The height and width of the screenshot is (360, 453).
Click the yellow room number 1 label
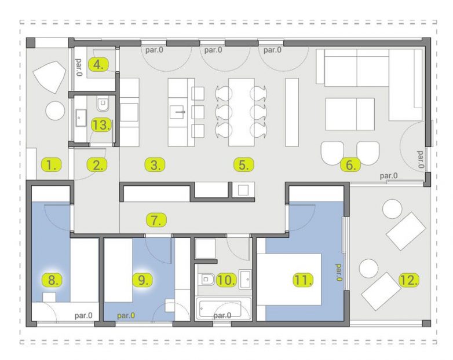(52, 165)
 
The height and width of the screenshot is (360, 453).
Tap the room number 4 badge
(98, 65)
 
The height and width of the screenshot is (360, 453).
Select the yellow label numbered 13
(101, 125)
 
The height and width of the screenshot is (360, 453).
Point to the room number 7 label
(156, 221)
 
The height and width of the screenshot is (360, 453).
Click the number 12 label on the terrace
(409, 280)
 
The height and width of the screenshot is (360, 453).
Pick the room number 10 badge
(226, 280)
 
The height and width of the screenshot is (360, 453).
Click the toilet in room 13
(103, 105)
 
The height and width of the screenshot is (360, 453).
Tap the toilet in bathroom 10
(207, 279)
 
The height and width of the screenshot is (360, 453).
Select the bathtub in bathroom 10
(224, 308)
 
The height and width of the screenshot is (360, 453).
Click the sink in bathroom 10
(245, 279)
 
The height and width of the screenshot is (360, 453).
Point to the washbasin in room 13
(81, 117)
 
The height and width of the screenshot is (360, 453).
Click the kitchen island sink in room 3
(177, 112)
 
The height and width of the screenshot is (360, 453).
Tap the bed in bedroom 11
(289, 279)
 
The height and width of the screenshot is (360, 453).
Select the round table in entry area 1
(55, 111)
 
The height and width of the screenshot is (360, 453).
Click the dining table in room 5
(241, 112)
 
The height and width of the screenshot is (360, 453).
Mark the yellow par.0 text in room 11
(338, 273)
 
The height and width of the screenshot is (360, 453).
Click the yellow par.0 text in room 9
(126, 315)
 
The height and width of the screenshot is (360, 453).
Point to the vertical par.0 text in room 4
(79, 67)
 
